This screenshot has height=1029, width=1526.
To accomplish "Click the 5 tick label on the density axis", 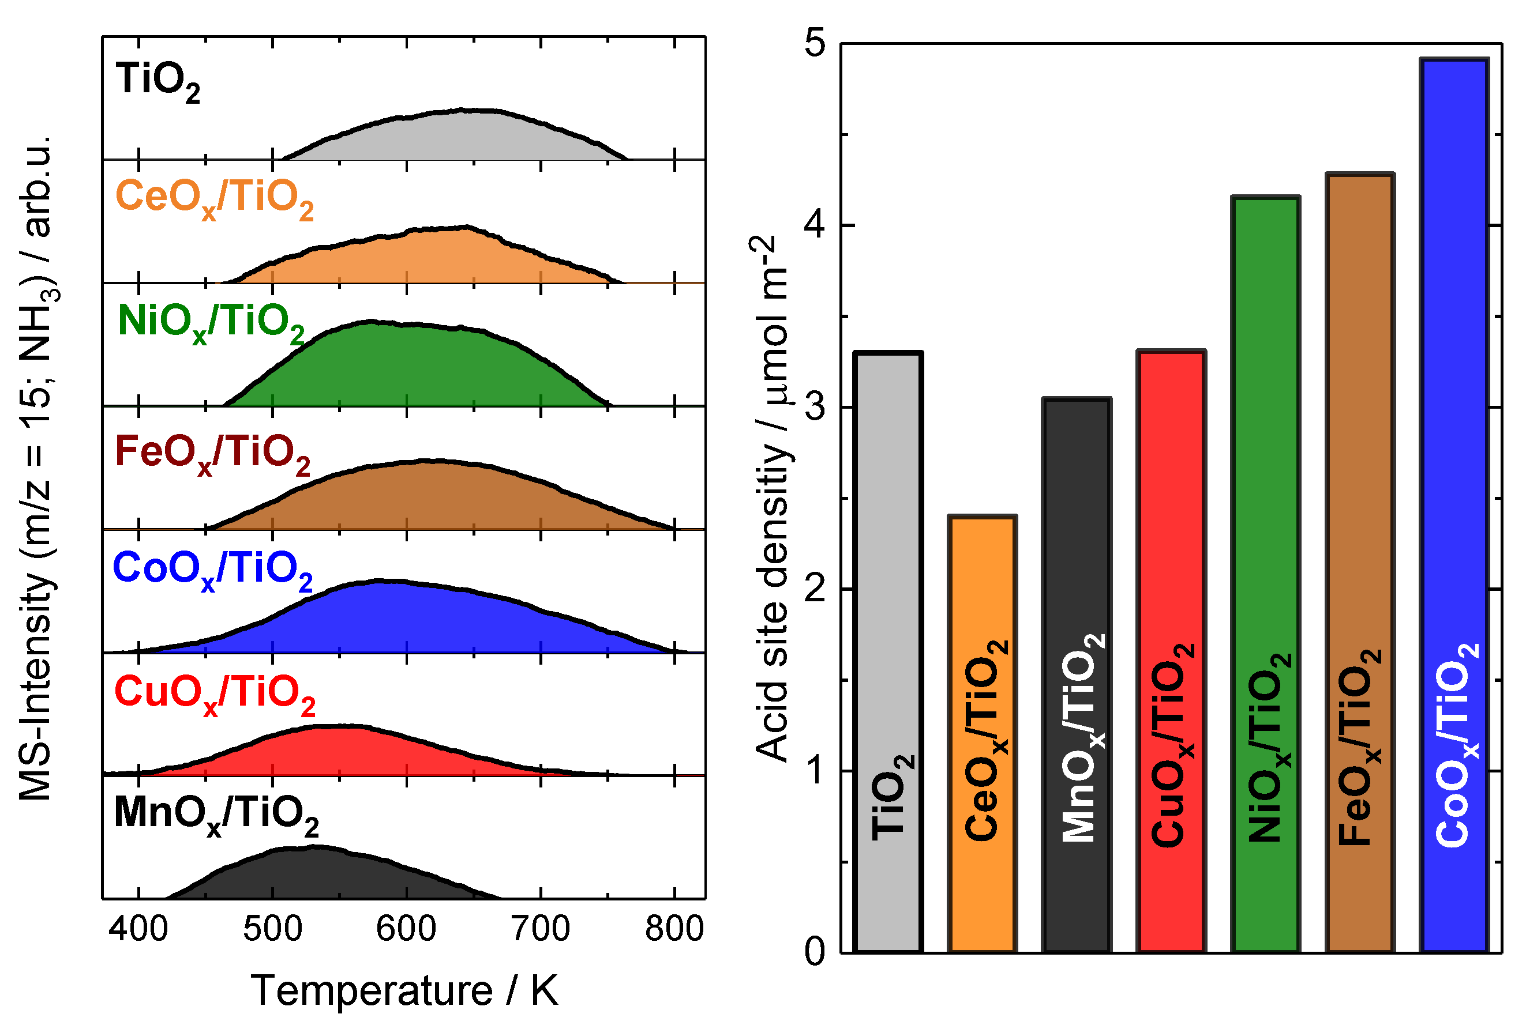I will pyautogui.click(x=814, y=44).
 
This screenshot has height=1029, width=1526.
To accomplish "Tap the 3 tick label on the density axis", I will pyautogui.click(x=814, y=408).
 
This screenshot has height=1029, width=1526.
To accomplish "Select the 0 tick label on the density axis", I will pyautogui.click(x=814, y=952).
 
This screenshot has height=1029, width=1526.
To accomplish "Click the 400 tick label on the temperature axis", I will pyautogui.click(x=138, y=929).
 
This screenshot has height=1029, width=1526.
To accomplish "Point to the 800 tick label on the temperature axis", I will pyautogui.click(x=674, y=929).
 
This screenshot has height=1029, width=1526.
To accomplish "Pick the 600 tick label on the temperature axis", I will pyautogui.click(x=406, y=929).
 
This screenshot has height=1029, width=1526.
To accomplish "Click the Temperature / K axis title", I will pyautogui.click(x=404, y=990).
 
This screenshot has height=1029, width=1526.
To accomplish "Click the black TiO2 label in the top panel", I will pyautogui.click(x=158, y=82).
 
